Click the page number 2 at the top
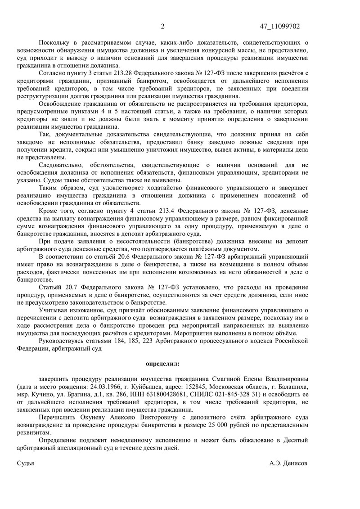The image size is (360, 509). pos(163,27)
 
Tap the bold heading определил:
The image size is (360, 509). pos(162,363)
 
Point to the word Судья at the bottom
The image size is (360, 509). pos(25,463)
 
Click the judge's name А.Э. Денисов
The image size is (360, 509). pos(288,463)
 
